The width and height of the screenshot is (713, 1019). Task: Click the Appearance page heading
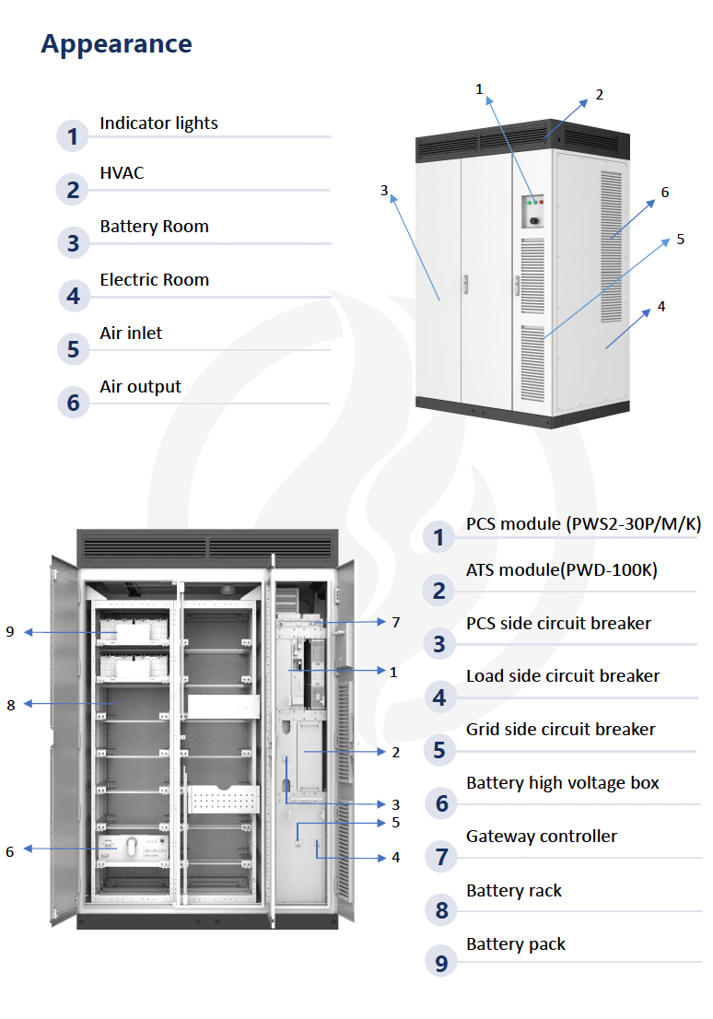pos(116,44)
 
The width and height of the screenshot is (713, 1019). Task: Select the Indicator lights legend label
pos(158,123)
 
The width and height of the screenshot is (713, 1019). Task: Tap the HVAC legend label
pos(122,173)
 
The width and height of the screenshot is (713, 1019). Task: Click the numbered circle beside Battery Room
pos(73,243)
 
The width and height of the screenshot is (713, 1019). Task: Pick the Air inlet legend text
pos(131,333)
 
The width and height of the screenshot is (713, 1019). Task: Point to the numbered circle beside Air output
pos(73,403)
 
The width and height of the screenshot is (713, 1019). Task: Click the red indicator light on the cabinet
pos(541,202)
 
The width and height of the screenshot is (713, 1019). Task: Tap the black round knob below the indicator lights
pos(534,221)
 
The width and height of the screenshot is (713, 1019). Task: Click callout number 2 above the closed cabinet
pos(600,95)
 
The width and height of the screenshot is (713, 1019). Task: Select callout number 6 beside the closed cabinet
pos(665,193)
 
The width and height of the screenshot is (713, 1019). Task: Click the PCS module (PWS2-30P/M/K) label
pos(584,524)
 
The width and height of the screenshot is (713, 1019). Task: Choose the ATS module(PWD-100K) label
pos(562,570)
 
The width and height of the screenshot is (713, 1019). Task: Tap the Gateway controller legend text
pos(542,837)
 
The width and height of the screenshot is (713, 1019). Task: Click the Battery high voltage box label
pos(562,783)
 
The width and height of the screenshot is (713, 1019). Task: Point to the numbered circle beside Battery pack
pos(441,963)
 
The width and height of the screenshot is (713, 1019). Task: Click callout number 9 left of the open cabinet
pos(10,632)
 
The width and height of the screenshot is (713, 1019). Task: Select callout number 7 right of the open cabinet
pos(395,623)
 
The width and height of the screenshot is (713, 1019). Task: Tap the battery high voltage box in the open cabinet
pos(133,849)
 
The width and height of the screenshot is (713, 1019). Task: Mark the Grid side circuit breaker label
pos(560,730)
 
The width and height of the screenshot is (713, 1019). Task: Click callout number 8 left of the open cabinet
pos(11,705)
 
